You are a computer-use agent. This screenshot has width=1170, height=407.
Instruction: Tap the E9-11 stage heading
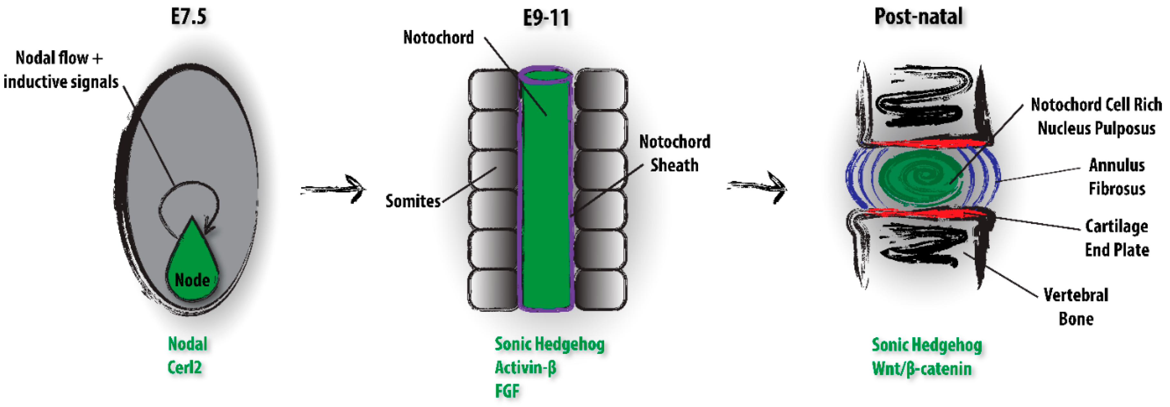(546, 18)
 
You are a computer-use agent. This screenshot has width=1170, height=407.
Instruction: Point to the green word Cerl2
(184, 367)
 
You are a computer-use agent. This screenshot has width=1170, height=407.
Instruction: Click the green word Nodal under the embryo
(188, 344)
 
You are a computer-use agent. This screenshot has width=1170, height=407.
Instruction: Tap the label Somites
(413, 201)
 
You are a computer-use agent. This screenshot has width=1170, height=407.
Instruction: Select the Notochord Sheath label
(675, 153)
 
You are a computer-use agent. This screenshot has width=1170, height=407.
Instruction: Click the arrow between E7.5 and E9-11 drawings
(334, 189)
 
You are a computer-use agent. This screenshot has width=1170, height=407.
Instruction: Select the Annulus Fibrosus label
(1117, 177)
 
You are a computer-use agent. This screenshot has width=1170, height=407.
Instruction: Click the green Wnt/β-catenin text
(922, 368)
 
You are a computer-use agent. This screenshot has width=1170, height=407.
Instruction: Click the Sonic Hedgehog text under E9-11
(549, 344)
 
